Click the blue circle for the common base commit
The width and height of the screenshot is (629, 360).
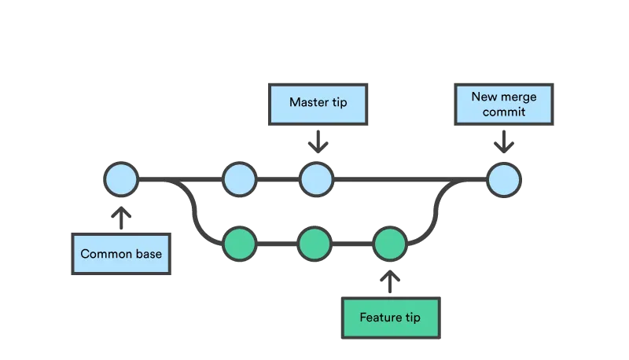pyautogui.click(x=121, y=180)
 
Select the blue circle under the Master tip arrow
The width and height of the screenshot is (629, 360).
pyautogui.click(x=315, y=180)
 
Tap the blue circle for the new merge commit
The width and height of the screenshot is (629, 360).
pyautogui.click(x=503, y=180)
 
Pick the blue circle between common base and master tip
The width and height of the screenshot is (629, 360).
pyautogui.click(x=238, y=180)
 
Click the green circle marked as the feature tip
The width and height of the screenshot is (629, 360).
pyautogui.click(x=389, y=244)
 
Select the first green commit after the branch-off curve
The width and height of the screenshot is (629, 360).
pyautogui.click(x=239, y=244)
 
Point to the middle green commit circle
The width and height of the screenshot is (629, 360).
pyautogui.click(x=314, y=244)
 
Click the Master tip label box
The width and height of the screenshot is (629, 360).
pyautogui.click(x=318, y=103)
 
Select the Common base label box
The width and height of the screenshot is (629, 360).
pyautogui.click(x=121, y=254)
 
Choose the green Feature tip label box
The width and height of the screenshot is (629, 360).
pyautogui.click(x=390, y=318)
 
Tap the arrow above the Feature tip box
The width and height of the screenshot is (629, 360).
pyautogui.click(x=390, y=281)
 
